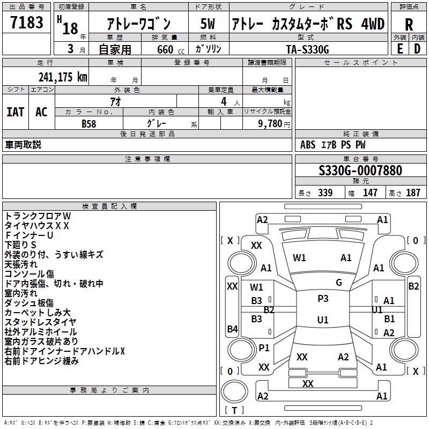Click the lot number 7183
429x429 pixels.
click(27, 24)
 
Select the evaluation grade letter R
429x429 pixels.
click(409, 25)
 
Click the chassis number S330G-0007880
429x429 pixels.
click(360, 171)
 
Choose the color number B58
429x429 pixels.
click(90, 123)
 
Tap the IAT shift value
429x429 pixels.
click(15, 112)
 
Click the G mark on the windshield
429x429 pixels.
click(339, 283)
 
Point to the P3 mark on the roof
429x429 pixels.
click(323, 299)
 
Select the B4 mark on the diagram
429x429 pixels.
click(232, 329)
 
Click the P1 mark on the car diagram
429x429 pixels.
click(264, 347)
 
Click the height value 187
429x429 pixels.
click(413, 193)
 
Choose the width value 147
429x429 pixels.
click(370, 193)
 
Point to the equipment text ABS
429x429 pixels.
click(308, 145)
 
